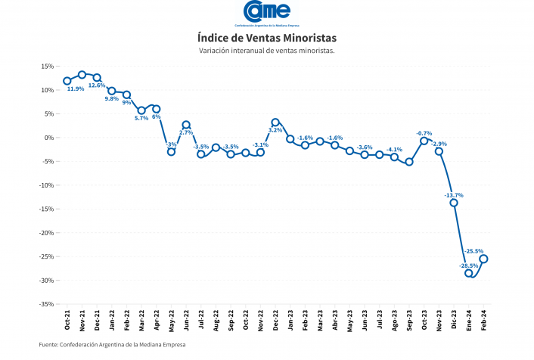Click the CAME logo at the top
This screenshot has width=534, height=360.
tap(266, 13)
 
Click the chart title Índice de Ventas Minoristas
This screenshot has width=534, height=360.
tap(266, 37)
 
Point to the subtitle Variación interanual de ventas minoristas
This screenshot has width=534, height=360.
tap(266, 51)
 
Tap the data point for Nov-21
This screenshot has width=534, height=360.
tap(82, 75)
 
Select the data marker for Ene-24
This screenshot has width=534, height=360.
tap(469, 273)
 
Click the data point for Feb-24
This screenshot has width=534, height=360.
tap(483, 259)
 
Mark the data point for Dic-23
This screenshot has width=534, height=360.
tap(454, 203)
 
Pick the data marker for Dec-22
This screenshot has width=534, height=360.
tap(275, 123)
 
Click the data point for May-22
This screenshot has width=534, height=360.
tap(171, 152)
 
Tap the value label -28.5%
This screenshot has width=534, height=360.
tap(469, 265)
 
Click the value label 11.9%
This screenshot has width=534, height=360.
tap(76, 89)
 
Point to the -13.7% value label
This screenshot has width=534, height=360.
tap(454, 195)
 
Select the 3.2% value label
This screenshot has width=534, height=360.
tap(275, 130)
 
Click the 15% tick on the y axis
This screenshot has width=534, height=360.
tap(47, 67)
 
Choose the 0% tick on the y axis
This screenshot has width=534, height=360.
tap(49, 138)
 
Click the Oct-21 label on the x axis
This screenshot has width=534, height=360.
tap(67, 321)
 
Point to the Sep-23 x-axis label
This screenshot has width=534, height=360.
tap(409, 321)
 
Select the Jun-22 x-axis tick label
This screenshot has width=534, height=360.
tap(186, 321)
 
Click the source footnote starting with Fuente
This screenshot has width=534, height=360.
tap(112, 345)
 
